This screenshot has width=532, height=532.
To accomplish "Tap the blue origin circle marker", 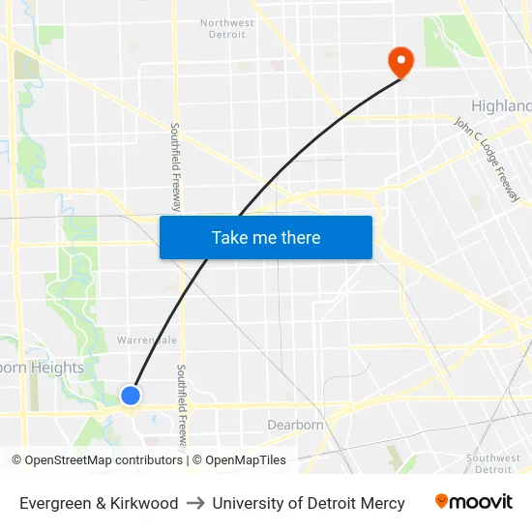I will coord(131,395).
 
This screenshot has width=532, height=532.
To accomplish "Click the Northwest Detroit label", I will coord(227,28).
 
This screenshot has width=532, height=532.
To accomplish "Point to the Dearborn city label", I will coord(295,425).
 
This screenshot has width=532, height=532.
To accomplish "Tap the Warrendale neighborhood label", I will coord(146,340).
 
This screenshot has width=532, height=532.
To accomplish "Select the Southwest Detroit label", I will coord(493,463).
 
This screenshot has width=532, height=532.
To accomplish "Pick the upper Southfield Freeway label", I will coord(176,166).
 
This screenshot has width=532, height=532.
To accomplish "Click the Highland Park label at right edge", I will coord(501,105).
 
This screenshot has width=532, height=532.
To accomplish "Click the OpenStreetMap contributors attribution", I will coord(103,460).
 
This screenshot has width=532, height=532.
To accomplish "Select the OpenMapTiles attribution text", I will coord(246,460).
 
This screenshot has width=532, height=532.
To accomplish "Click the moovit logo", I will coord(473,502).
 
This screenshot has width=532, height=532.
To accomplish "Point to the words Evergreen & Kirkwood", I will coord(99,503).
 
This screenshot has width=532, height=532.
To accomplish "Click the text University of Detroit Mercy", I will coord(309,503).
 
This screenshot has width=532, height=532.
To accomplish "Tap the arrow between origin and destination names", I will coord(195,503).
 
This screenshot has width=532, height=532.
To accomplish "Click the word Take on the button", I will coord(230,237).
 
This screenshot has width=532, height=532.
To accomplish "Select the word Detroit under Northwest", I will coord(227,35).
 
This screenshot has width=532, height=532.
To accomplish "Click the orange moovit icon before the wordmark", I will coord(441,501).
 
